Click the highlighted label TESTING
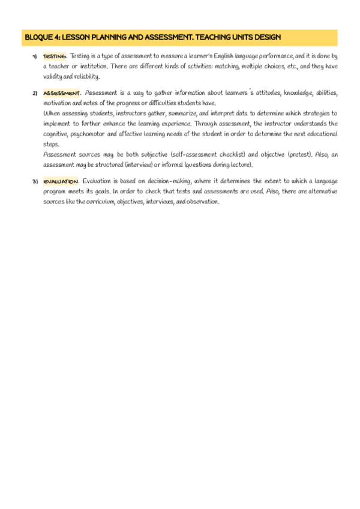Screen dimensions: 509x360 point(55,56)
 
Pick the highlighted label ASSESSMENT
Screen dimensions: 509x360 point(61,93)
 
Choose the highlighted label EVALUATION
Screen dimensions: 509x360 point(61,182)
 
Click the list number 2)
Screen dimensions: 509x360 point(35,94)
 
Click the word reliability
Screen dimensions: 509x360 point(86,76)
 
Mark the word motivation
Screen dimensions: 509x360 point(58,103)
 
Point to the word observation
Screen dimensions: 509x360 point(201,202)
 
